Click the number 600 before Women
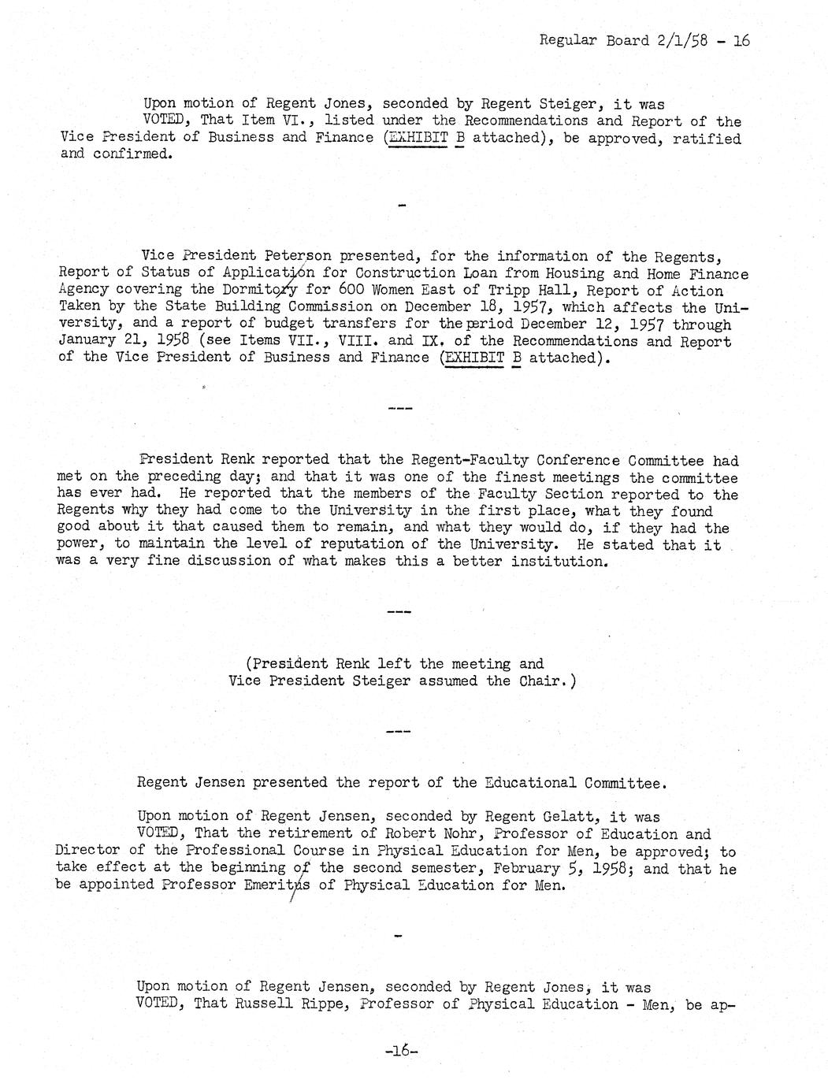point(344,290)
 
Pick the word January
point(86,341)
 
